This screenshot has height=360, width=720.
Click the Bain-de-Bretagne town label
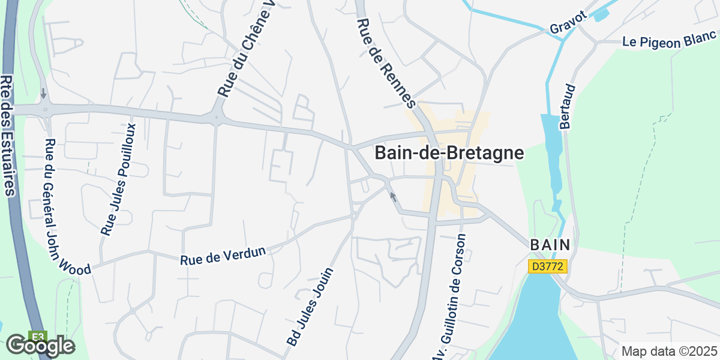[449, 154]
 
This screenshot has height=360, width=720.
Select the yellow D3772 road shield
[548, 266]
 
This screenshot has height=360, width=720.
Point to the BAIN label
[550, 245]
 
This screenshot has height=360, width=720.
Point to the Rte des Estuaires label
[8, 136]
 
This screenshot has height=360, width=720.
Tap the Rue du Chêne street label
[245, 50]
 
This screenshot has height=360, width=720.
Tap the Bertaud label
[567, 106]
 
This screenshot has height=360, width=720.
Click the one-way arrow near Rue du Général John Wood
[43, 94]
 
